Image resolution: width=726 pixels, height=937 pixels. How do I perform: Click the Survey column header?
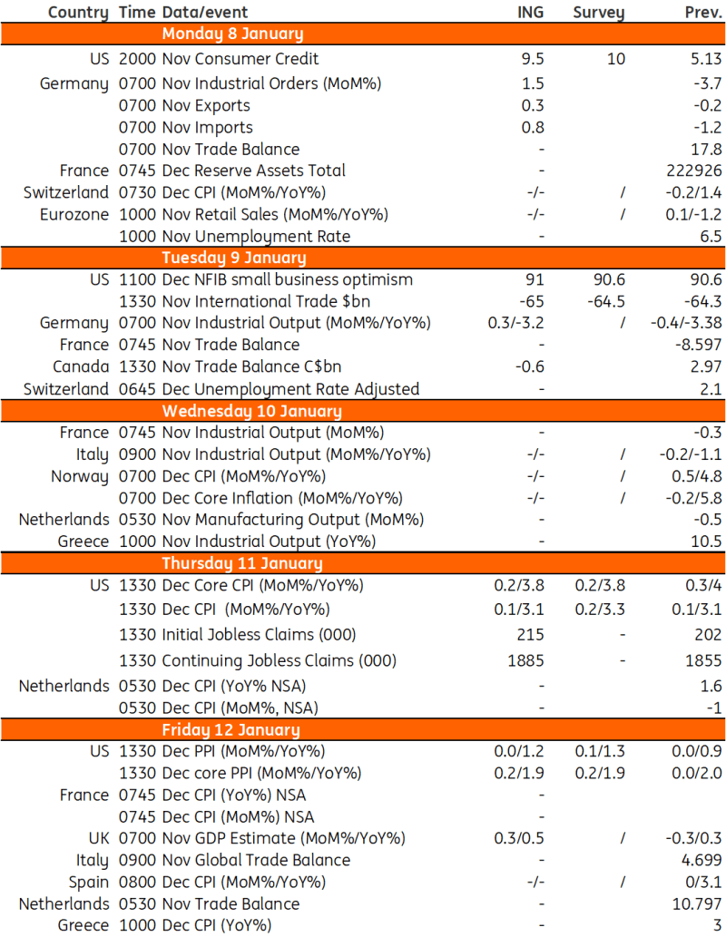point(598,12)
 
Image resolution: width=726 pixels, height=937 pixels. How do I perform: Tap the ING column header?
point(526,12)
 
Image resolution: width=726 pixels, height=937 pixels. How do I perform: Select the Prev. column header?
point(702,12)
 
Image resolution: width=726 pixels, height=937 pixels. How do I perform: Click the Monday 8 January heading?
point(232,34)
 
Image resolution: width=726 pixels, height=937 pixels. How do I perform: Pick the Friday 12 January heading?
point(231,729)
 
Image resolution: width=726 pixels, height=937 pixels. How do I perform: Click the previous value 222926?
point(693,171)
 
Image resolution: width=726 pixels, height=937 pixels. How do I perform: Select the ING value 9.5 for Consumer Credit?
point(533,59)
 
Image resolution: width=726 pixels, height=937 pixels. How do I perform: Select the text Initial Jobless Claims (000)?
point(259,634)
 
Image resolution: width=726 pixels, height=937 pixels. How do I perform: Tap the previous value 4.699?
point(701,860)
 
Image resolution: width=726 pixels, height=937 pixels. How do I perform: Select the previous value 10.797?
point(697,903)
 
